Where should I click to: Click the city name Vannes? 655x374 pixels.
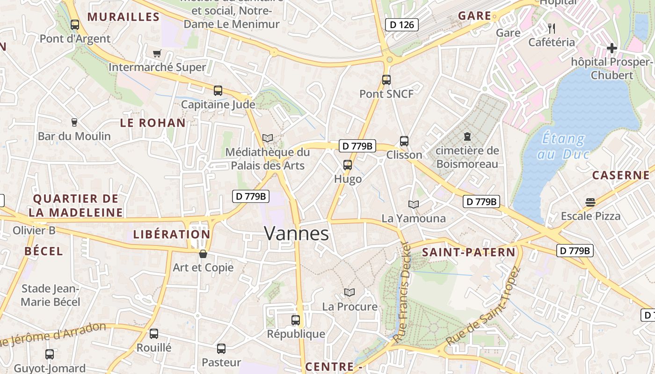click(297, 233)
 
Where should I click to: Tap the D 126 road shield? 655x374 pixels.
click(401, 25)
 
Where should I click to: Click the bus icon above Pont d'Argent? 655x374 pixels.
click(75, 25)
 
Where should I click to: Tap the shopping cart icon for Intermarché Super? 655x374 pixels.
click(157, 54)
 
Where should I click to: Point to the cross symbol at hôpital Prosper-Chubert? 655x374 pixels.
click(611, 48)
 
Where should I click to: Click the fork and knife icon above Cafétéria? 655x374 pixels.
click(552, 29)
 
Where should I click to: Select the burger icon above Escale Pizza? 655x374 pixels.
click(590, 202)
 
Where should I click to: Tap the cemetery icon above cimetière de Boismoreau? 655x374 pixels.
click(467, 137)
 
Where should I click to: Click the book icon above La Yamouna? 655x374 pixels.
click(414, 204)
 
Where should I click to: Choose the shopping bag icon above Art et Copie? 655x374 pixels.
click(203, 254)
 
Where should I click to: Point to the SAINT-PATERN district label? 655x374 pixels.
click(468, 252)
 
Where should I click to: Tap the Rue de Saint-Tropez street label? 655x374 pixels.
click(483, 306)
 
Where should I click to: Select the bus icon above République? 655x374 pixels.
click(296, 320)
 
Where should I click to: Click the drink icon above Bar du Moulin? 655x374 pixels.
click(74, 122)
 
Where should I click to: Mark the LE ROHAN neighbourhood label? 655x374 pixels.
click(153, 123)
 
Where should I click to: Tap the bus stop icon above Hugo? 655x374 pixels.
click(348, 165)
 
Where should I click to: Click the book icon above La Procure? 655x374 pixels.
click(349, 293)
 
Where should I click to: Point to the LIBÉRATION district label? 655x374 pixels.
click(172, 235)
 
